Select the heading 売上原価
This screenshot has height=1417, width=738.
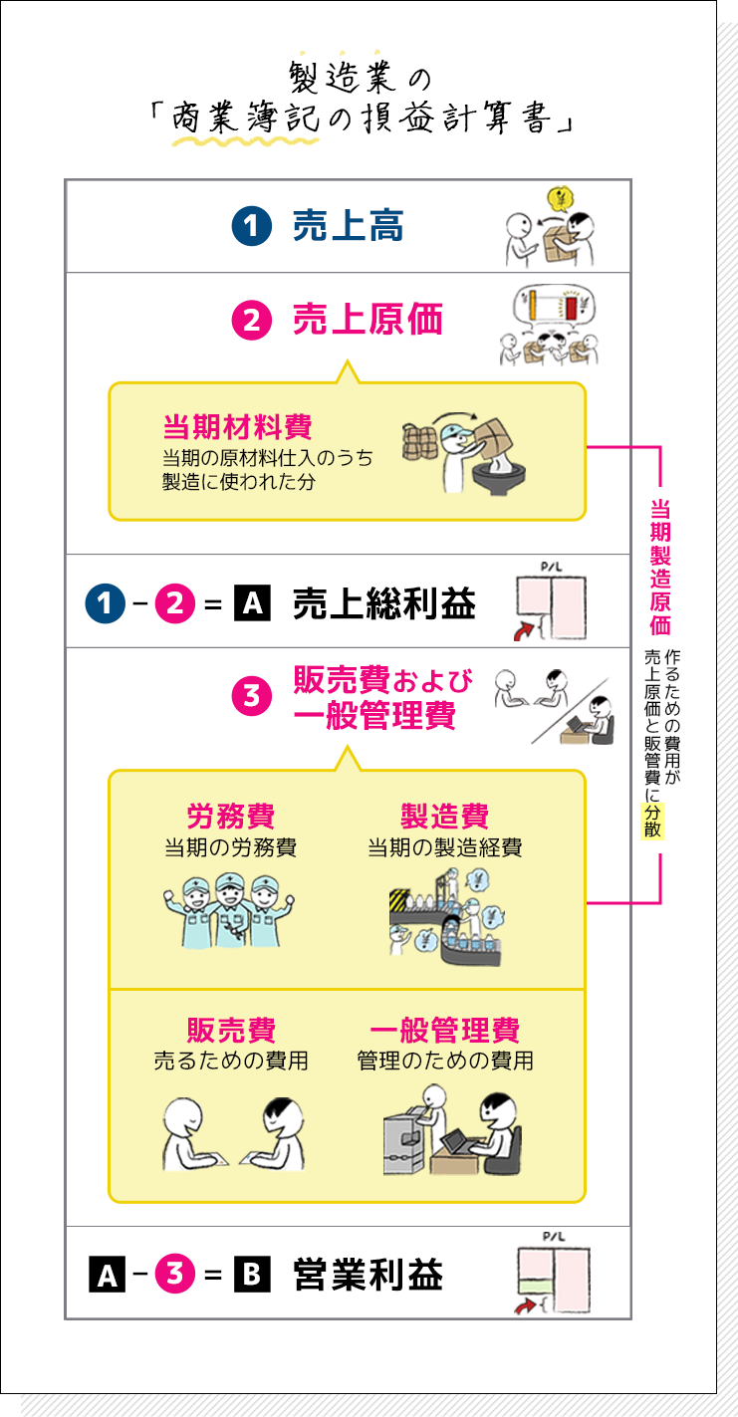(367, 321)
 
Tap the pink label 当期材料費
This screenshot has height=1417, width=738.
(237, 427)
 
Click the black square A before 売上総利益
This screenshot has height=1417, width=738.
(252, 603)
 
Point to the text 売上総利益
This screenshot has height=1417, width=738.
(383, 603)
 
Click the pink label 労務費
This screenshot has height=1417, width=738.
(230, 817)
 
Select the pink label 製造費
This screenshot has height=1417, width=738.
(444, 817)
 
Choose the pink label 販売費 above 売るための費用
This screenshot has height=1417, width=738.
(230, 1031)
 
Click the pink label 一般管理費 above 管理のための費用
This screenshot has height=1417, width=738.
(444, 1031)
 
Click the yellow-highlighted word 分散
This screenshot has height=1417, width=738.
(652, 819)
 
